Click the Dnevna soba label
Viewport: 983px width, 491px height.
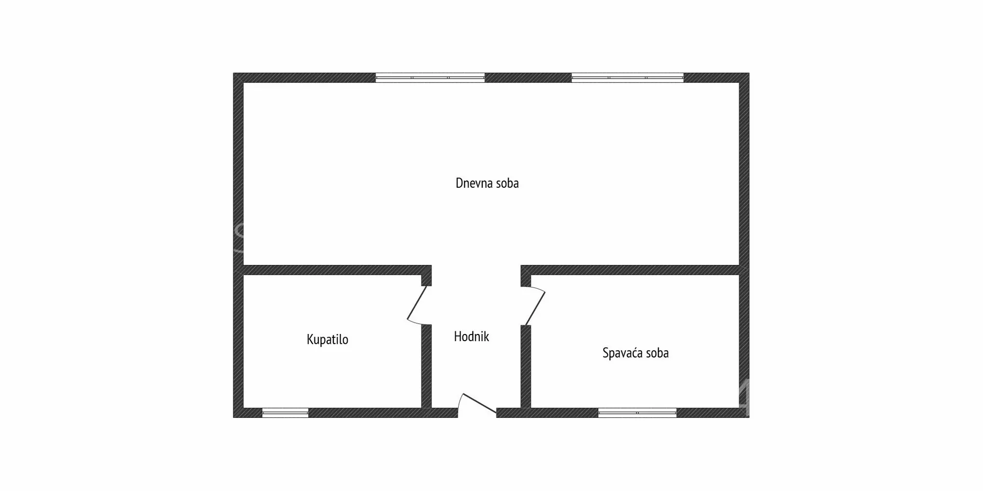pyautogui.click(x=487, y=183)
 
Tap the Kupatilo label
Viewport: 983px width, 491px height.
pyautogui.click(x=327, y=340)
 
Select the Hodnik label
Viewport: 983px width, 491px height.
pyautogui.click(x=471, y=337)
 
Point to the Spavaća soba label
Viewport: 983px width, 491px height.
pyautogui.click(x=635, y=353)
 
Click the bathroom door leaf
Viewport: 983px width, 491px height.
pyautogui.click(x=417, y=303)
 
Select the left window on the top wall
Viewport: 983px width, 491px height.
pyautogui.click(x=430, y=78)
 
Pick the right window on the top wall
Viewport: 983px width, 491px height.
pyautogui.click(x=628, y=78)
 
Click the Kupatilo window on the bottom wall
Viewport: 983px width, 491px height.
pyautogui.click(x=285, y=413)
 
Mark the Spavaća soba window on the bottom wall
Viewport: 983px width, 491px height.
pyautogui.click(x=637, y=413)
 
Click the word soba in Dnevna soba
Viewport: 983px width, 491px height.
pyautogui.click(x=507, y=183)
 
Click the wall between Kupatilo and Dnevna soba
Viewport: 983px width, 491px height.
pyautogui.click(x=337, y=270)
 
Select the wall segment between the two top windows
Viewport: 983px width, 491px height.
pyautogui.click(x=528, y=78)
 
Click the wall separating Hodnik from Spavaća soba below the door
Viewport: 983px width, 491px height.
pyautogui.click(x=526, y=366)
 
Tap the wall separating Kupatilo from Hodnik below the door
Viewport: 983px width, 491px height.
pyautogui.click(x=426, y=366)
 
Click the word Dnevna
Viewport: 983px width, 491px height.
pyautogui.click(x=474, y=183)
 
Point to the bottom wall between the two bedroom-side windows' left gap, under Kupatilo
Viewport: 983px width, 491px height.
pyautogui.click(x=383, y=413)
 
